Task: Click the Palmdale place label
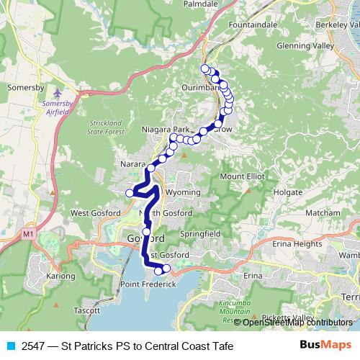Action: coord(200,4)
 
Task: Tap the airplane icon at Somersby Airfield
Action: coord(58,94)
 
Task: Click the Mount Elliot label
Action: coord(243,176)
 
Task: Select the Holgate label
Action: coord(288,194)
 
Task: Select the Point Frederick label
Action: coord(149,285)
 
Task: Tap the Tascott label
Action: coord(87,311)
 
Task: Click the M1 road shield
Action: coord(28,234)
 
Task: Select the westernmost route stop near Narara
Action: coord(130,192)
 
